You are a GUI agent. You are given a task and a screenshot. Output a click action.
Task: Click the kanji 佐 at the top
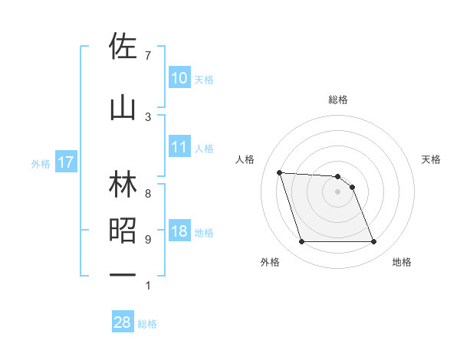pyautogui.click(x=123, y=47)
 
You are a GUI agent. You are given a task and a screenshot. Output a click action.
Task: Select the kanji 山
pyautogui.click(x=123, y=108)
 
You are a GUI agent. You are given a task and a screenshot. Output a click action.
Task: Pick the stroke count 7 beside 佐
pyautogui.click(x=147, y=56)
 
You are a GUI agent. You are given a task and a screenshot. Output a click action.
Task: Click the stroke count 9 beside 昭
pyautogui.click(x=147, y=240)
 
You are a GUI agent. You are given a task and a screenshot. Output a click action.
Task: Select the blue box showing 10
pyautogui.click(x=179, y=77)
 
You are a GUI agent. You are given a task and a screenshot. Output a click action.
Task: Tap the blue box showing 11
pyautogui.click(x=179, y=147)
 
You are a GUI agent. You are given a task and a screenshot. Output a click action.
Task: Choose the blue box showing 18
pyautogui.click(x=179, y=231)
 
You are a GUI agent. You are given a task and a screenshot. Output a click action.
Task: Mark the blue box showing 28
pyautogui.click(x=123, y=322)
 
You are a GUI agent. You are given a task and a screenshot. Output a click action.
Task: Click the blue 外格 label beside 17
pyautogui.click(x=41, y=163)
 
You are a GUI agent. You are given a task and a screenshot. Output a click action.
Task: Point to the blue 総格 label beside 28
pyautogui.click(x=147, y=324)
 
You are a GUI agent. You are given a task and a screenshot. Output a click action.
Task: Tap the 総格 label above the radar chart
pyautogui.click(x=338, y=100)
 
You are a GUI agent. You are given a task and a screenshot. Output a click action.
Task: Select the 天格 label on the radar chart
pyautogui.click(x=432, y=159)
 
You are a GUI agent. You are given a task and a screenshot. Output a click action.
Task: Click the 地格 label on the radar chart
pyautogui.click(x=402, y=262)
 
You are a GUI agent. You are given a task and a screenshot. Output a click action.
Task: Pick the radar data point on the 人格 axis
pyautogui.click(x=279, y=172)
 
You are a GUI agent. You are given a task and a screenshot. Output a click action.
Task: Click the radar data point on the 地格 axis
pyautogui.click(x=373, y=242)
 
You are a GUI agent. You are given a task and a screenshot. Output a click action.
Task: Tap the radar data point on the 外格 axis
pyautogui.click(x=301, y=242)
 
